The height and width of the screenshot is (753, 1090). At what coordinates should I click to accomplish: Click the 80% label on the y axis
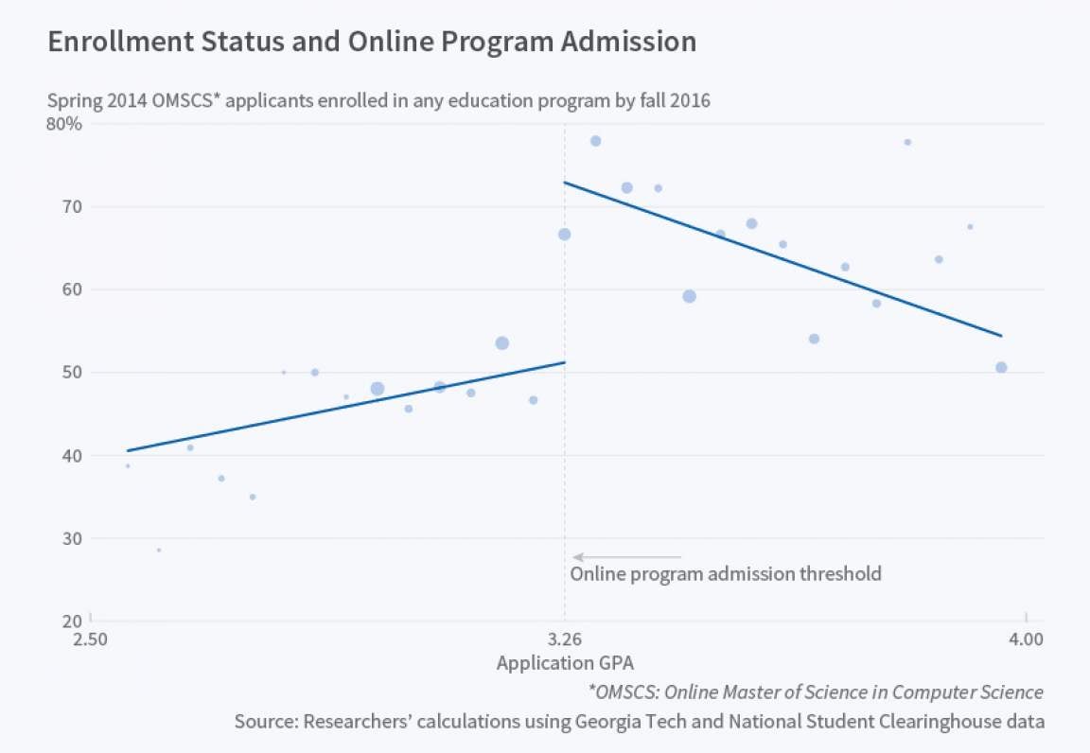click(64, 123)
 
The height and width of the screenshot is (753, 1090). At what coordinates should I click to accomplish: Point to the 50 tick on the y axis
click(73, 373)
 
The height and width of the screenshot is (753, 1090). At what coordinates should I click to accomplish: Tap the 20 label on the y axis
click(73, 622)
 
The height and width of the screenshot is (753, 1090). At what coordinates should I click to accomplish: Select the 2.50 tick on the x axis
click(91, 639)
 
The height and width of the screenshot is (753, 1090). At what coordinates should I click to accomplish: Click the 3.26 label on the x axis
click(565, 639)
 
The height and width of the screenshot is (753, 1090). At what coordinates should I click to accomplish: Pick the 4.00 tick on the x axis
click(1026, 639)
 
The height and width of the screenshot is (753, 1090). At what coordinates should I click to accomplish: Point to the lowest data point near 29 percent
click(159, 550)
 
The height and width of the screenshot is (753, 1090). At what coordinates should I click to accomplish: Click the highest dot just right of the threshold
click(595, 141)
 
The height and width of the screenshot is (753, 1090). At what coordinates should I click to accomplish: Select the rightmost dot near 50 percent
click(1001, 367)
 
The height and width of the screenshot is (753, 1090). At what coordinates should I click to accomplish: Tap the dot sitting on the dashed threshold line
click(564, 235)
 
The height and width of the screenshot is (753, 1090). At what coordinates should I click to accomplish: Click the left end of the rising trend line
click(128, 450)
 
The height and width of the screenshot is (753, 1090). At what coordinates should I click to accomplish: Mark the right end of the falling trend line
click(1001, 336)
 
